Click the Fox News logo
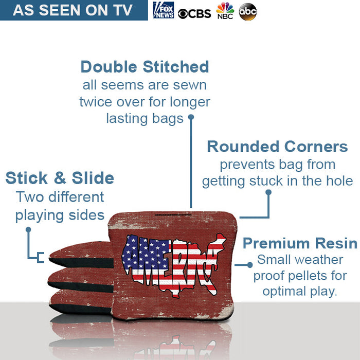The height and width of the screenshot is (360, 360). tap(163, 10)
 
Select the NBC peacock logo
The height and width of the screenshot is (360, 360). tap(225, 11)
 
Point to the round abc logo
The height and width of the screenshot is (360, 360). tap(248, 11)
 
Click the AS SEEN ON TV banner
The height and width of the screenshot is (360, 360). tap(73, 10)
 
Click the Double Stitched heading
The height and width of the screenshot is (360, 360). tap(145, 67)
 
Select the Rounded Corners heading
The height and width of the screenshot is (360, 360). tap(277, 147)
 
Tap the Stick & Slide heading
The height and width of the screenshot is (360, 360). tap(60, 178)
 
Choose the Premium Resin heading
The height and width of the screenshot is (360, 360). tap(300, 243)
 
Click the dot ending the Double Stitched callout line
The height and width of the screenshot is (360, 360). tap(191, 117)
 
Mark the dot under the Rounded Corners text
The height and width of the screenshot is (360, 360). tap(268, 192)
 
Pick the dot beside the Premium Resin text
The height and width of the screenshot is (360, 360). tap(250, 264)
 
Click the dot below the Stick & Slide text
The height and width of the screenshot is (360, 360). tap(28, 229)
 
